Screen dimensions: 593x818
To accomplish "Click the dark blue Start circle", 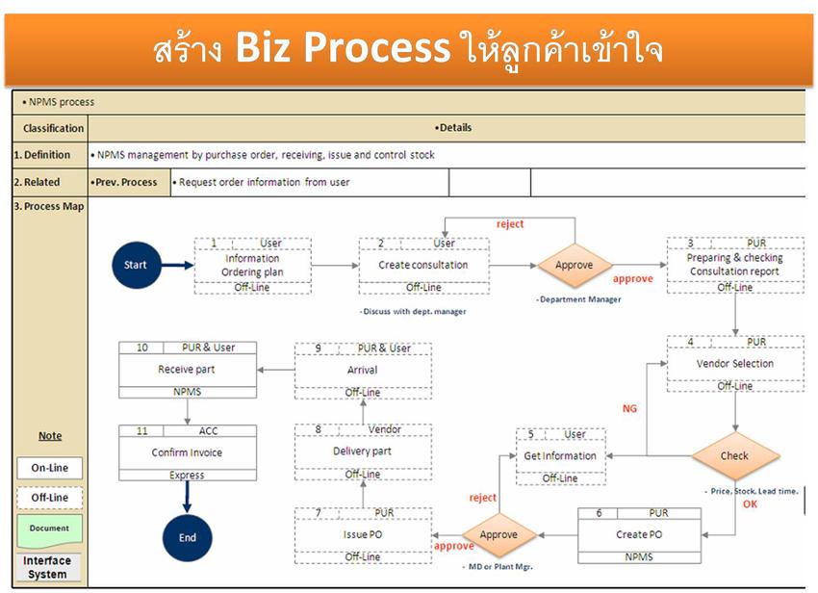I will tap(136, 265).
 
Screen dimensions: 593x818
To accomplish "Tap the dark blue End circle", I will tap(187, 537).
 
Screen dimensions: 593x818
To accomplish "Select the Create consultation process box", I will tap(423, 266).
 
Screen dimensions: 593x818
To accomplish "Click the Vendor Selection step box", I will tap(735, 364).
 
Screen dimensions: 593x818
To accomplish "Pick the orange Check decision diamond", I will tap(734, 456).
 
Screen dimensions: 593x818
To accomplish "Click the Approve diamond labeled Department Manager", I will tap(575, 265).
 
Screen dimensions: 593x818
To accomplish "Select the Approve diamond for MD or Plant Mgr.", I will tap(498, 534).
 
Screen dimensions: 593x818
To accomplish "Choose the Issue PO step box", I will tap(362, 534).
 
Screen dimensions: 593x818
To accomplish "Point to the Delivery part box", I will tap(362, 451).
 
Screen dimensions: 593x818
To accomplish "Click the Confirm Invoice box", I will tap(187, 452).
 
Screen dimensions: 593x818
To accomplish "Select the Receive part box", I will tap(187, 370).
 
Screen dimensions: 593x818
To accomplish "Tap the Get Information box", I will tap(560, 456).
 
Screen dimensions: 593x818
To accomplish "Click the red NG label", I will tap(629, 409).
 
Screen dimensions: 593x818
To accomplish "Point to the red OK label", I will tap(750, 503).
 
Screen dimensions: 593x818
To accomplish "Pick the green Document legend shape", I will tap(49, 529).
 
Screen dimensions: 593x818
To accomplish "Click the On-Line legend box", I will tap(49, 468).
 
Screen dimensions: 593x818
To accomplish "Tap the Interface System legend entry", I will tap(47, 567).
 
